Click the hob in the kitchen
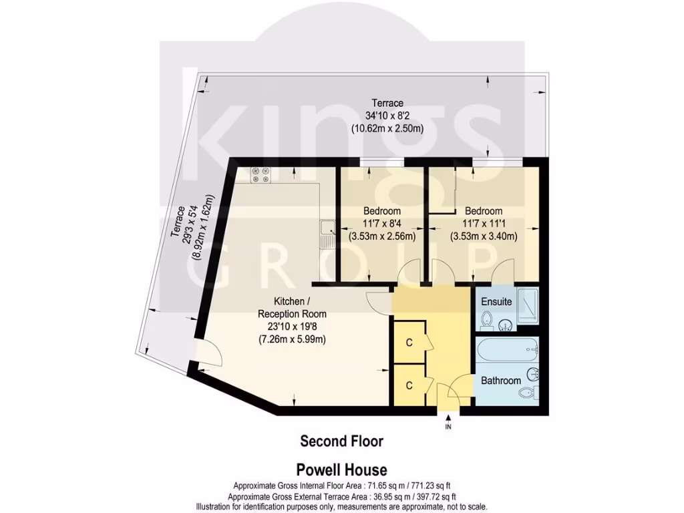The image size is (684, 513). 261,175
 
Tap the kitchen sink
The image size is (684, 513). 327,234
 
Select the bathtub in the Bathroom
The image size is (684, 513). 507,349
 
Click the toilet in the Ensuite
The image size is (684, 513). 488,319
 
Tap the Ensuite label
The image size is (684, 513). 496,302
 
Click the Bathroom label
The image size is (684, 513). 501,381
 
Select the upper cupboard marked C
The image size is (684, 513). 409,343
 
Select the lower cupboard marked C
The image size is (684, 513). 409,385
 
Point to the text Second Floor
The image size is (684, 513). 341,442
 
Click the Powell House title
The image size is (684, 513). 341,470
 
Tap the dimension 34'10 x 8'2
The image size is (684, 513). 387,116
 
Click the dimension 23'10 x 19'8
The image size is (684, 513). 293,327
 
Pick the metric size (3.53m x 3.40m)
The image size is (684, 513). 484,236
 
